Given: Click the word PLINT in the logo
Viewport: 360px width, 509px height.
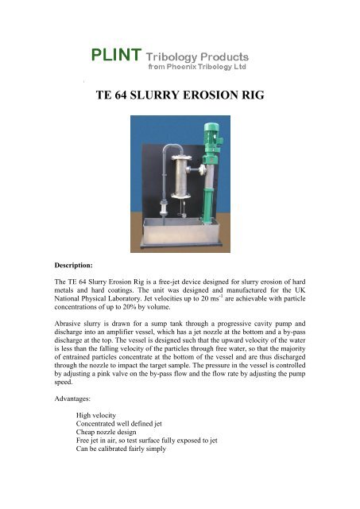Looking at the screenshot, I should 114,56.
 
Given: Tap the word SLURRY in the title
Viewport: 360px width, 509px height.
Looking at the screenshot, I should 163,101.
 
